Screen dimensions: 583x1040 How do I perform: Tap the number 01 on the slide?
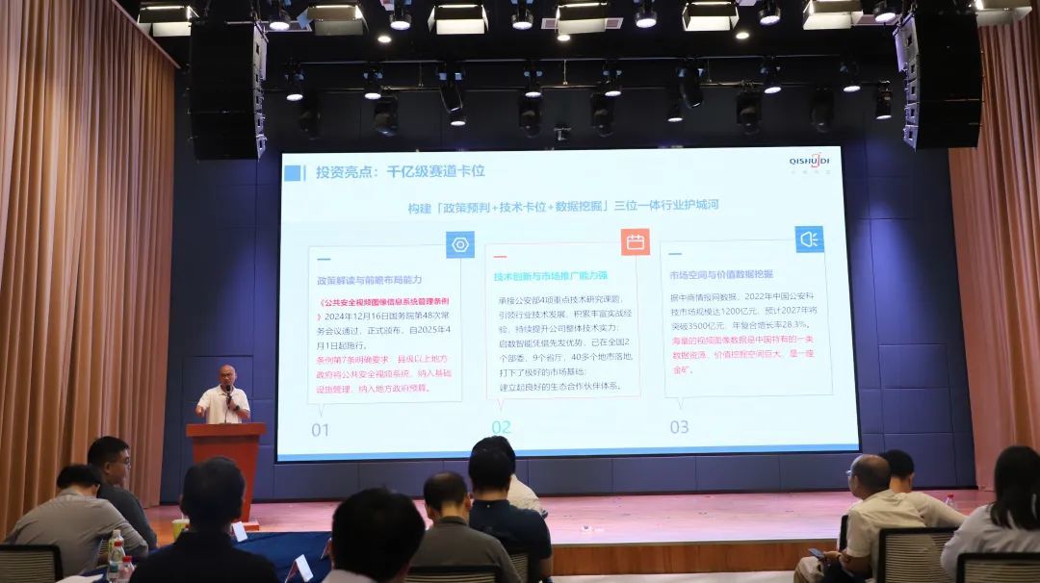(320, 430)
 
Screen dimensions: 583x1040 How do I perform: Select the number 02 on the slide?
(501, 427)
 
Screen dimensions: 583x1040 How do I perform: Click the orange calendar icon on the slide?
(635, 241)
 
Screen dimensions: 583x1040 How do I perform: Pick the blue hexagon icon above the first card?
(459, 244)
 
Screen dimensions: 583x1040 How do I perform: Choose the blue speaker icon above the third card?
(809, 239)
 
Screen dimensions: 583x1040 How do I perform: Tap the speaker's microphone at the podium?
(229, 393)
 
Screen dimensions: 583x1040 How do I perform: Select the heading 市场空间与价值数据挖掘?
(721, 274)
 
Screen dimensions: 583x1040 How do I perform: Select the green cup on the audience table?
(179, 527)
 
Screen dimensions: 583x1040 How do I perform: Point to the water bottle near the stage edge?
(950, 500)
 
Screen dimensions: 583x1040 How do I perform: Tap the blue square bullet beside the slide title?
(293, 173)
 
